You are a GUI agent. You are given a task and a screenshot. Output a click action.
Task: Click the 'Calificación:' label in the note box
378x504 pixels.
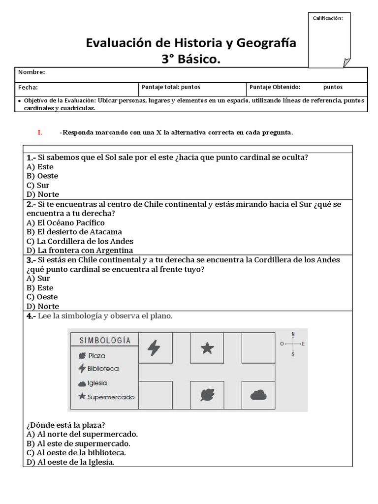coord(328,18)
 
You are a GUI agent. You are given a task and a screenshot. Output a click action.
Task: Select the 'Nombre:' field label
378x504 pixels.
coord(31,72)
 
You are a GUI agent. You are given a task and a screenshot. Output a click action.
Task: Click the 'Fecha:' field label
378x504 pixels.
coord(28,87)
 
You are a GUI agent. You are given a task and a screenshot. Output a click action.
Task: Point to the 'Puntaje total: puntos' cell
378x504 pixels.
coord(171,87)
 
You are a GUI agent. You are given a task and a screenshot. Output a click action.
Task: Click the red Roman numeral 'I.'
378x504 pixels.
coord(40,132)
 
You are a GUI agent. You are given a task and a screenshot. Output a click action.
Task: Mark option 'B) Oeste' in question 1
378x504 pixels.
coord(42,176)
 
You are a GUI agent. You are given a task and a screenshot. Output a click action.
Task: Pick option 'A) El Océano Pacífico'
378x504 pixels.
coord(65,222)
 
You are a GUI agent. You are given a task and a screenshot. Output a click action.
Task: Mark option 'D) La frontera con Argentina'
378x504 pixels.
coord(80,251)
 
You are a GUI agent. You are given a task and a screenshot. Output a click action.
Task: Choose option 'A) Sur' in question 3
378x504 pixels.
coord(38,278)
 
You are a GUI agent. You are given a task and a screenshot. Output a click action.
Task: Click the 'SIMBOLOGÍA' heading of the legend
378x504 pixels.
coord(105,340)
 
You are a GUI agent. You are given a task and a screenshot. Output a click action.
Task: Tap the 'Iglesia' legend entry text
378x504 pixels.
coord(97,383)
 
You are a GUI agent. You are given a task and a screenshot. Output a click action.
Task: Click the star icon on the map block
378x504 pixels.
coord(207,348)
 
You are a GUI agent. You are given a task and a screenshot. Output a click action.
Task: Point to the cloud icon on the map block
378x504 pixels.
coord(258,395)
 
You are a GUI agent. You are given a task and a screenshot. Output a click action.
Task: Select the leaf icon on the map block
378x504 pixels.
coord(207,395)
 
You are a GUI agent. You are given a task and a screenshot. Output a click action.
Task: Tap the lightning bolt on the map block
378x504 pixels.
coord(154,348)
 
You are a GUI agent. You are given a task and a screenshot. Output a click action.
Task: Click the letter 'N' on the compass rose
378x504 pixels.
coord(293,334)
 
